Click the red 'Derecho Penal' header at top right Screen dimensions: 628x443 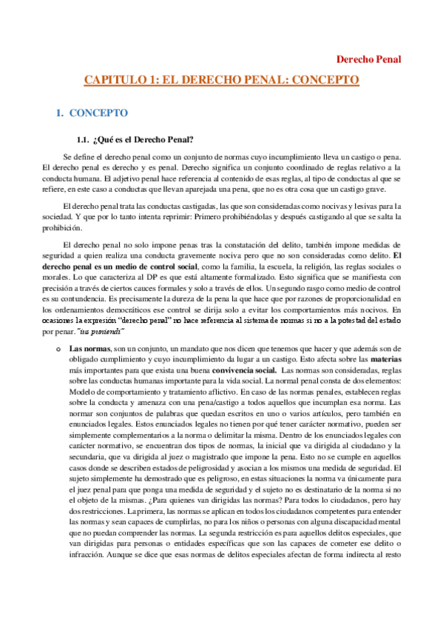[368, 59]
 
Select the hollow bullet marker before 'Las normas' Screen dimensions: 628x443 [58, 347]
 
